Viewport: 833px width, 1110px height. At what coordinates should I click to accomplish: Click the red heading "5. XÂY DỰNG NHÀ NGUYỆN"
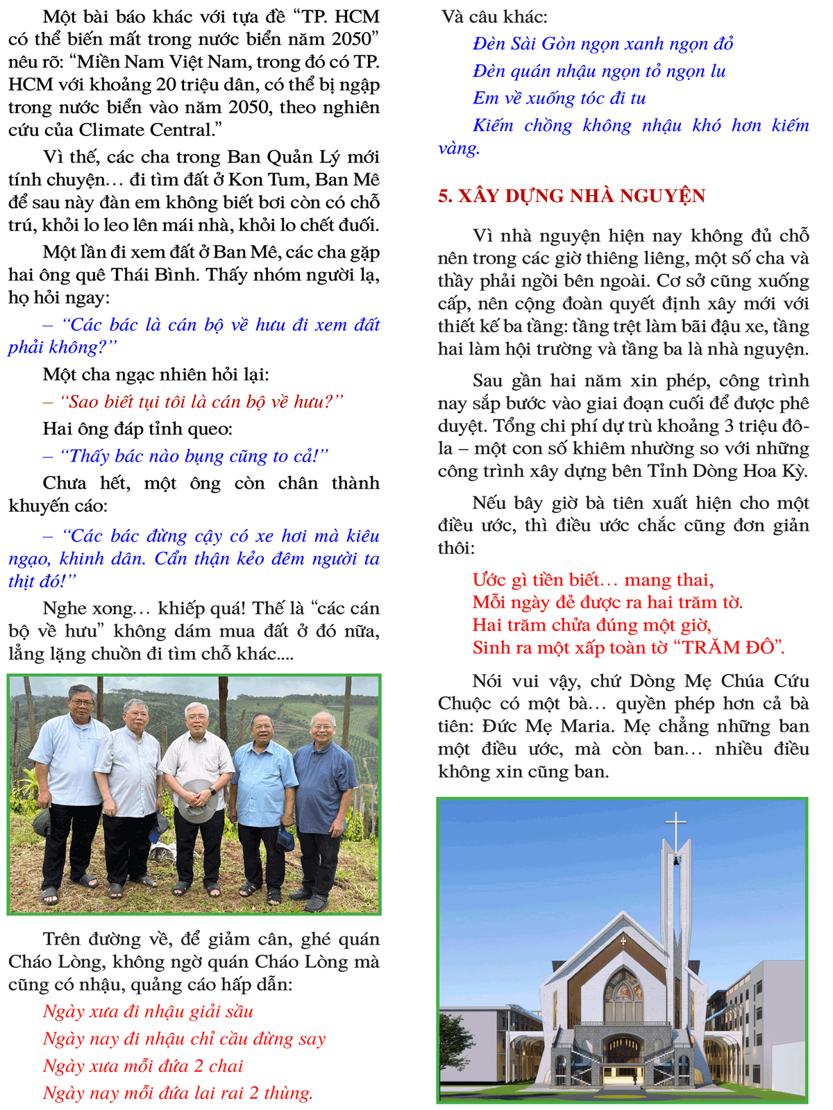(571, 196)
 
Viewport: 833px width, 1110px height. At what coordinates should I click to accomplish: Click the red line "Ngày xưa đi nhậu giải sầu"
(148, 1011)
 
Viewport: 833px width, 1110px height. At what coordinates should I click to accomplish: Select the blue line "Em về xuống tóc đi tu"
(559, 99)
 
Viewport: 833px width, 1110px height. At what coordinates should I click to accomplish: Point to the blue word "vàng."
(459, 149)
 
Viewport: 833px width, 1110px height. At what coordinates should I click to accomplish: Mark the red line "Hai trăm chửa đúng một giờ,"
(591, 625)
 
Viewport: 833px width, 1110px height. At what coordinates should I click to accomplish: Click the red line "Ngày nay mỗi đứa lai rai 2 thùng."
(178, 1093)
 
